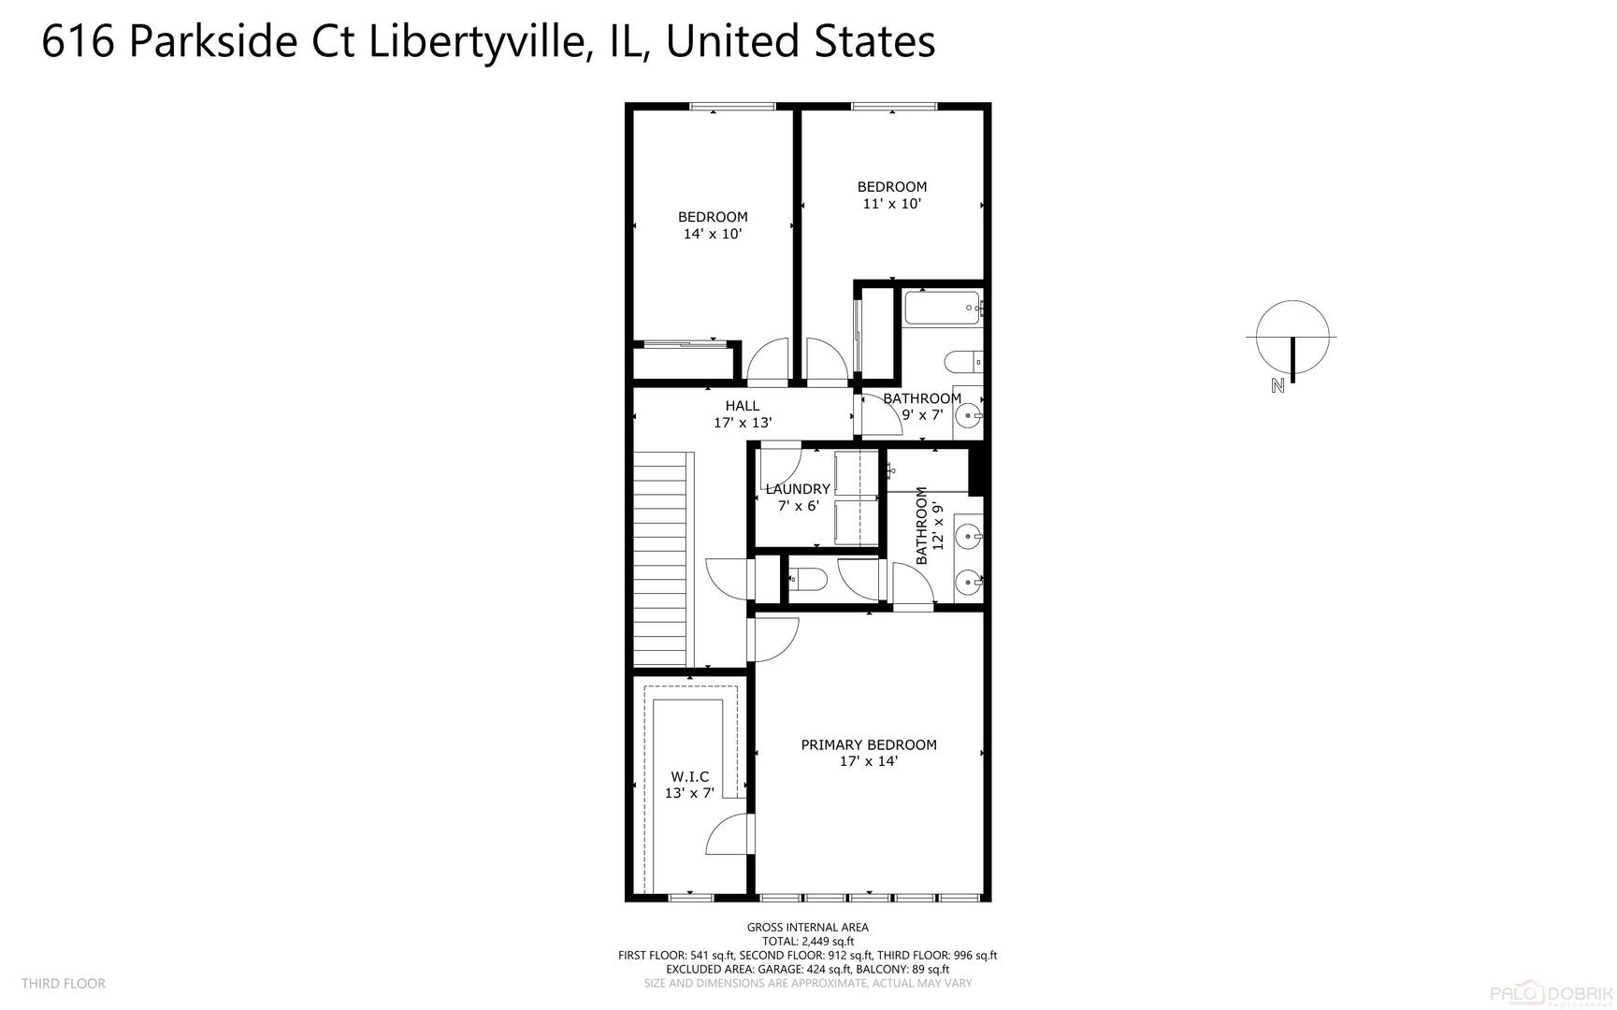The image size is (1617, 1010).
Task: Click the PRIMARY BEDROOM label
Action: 868,744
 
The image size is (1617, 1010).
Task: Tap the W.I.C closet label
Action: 689,776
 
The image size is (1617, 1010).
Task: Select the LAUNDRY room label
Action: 798,488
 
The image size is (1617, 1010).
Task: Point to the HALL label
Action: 742,405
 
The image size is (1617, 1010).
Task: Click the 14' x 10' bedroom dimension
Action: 712,234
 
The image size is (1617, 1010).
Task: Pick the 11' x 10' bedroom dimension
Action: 891,203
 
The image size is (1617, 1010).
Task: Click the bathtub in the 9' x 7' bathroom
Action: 942,307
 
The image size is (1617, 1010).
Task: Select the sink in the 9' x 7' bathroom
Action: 968,412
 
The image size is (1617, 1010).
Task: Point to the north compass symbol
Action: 1292,338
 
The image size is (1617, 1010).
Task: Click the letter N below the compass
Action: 1278,385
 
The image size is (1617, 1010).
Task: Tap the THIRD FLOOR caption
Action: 64,983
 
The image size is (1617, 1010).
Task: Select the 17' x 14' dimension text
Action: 868,761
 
